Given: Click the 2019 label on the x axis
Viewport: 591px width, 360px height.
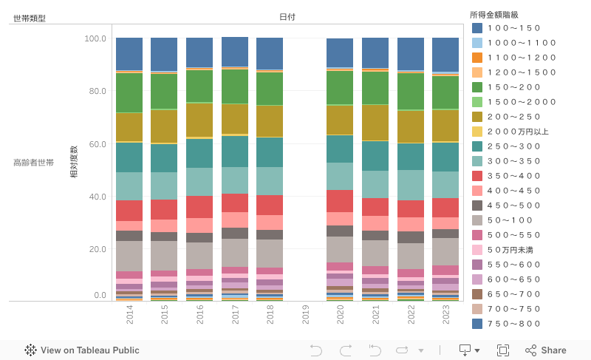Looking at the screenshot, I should tap(306, 316).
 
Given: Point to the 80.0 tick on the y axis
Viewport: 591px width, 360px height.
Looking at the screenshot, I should tap(98, 92).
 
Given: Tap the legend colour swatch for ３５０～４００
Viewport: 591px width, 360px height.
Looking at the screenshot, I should tap(477, 176).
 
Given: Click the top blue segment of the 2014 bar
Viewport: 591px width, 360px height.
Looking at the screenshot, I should tap(129, 54).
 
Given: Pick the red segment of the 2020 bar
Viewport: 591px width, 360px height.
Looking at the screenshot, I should tap(340, 201).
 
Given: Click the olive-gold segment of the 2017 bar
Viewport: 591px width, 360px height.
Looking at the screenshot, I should tap(235, 118).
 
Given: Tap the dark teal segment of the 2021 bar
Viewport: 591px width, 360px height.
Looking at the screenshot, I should tap(375, 156).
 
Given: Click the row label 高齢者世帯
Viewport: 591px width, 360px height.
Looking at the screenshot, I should tap(33, 162).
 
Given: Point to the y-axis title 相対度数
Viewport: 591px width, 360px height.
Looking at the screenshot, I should tap(74, 162).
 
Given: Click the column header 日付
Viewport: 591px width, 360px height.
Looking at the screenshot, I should tap(287, 17).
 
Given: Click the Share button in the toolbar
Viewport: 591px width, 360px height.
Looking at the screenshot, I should tap(546, 350).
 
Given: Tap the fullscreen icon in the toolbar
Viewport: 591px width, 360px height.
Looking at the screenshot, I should tap(503, 350).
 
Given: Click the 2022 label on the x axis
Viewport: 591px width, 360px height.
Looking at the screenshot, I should tap(411, 316).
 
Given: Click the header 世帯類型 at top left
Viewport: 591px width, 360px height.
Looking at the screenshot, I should tap(30, 18).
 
